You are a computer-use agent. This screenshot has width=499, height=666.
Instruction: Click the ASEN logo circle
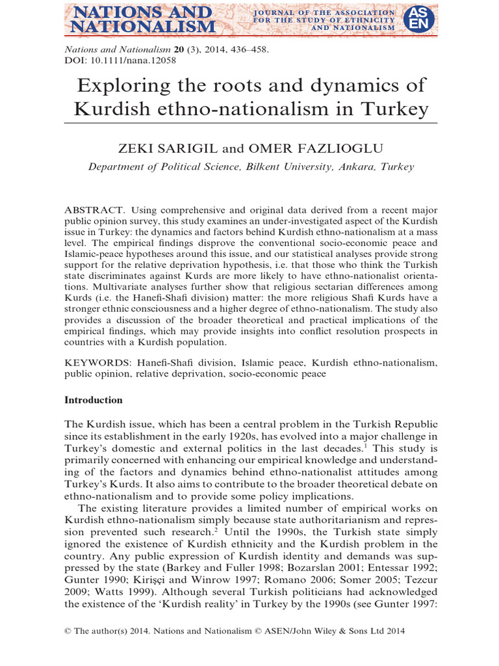click(416, 18)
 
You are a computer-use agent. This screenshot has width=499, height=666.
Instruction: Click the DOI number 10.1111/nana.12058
click(133, 60)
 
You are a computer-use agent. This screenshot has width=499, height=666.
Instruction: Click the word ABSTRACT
click(94, 210)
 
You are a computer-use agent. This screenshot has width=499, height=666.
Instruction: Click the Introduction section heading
click(94, 400)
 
